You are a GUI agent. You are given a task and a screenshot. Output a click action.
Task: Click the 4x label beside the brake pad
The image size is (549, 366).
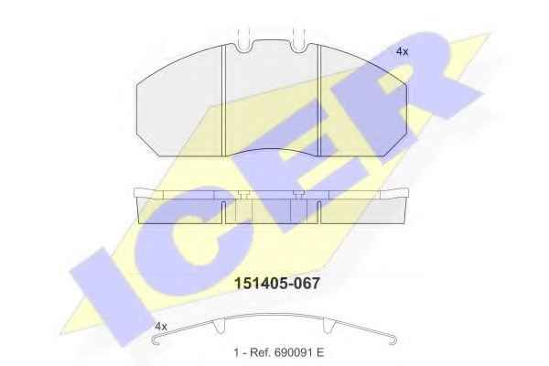point(402,52)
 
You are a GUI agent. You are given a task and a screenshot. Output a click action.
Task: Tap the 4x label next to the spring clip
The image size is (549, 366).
point(161,327)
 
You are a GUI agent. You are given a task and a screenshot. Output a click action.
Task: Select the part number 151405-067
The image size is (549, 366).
point(277,284)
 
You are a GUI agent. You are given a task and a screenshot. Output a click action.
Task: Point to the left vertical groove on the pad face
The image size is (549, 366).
point(223,101)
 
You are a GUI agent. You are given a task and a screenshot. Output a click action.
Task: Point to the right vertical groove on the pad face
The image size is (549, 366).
point(318,101)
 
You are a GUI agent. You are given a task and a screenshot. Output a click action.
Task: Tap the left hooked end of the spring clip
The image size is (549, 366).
point(156,339)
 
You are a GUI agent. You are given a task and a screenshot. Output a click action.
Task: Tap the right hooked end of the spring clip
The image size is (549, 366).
point(393,339)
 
